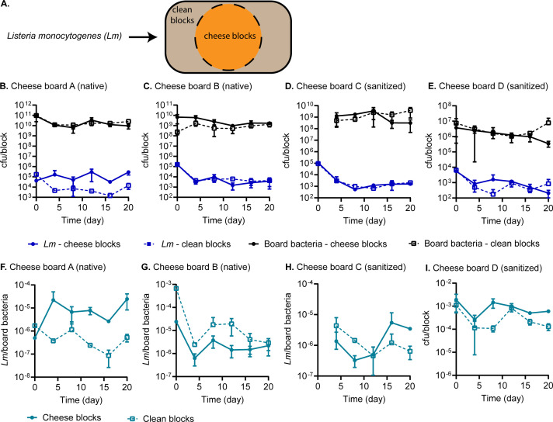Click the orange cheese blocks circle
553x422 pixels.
click(228, 36)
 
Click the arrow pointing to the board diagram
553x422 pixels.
click(142, 36)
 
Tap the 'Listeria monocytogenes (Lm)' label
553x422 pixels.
click(64, 36)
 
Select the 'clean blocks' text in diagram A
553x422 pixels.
click(182, 16)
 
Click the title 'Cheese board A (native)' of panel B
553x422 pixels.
click(59, 86)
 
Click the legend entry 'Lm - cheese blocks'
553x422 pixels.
click(74, 244)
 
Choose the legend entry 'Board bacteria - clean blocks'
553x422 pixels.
click(475, 244)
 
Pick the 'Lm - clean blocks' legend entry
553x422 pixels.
click(187, 244)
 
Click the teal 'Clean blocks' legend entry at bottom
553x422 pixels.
click(161, 418)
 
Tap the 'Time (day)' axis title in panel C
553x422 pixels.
click(224, 220)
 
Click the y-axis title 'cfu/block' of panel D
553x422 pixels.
click(287, 150)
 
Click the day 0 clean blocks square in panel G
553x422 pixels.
click(176, 289)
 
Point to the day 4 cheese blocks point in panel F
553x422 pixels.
click(54, 300)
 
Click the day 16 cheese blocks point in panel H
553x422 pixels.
click(391, 323)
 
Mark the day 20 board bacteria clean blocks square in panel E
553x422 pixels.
click(548, 123)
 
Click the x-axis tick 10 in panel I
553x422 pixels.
click(503, 386)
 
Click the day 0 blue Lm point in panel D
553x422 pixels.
click(318, 164)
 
